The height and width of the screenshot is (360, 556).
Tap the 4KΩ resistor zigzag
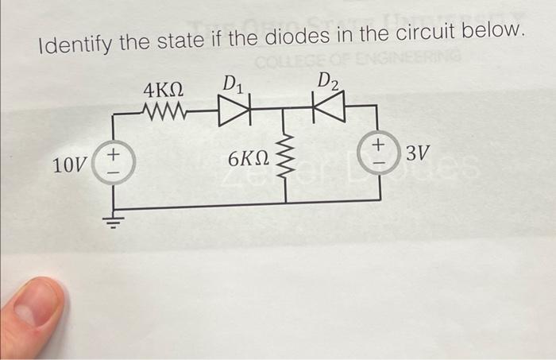pyautogui.click(x=165, y=110)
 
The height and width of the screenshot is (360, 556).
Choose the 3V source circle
pyautogui.click(x=379, y=152)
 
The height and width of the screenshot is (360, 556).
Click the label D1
pyautogui.click(x=234, y=83)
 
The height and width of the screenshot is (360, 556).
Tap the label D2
pyautogui.click(x=326, y=80)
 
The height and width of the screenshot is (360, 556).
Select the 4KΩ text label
pyautogui.click(x=164, y=89)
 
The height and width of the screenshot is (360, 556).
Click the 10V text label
pyautogui.click(x=69, y=165)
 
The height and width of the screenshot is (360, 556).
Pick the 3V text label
pyautogui.click(x=419, y=153)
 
